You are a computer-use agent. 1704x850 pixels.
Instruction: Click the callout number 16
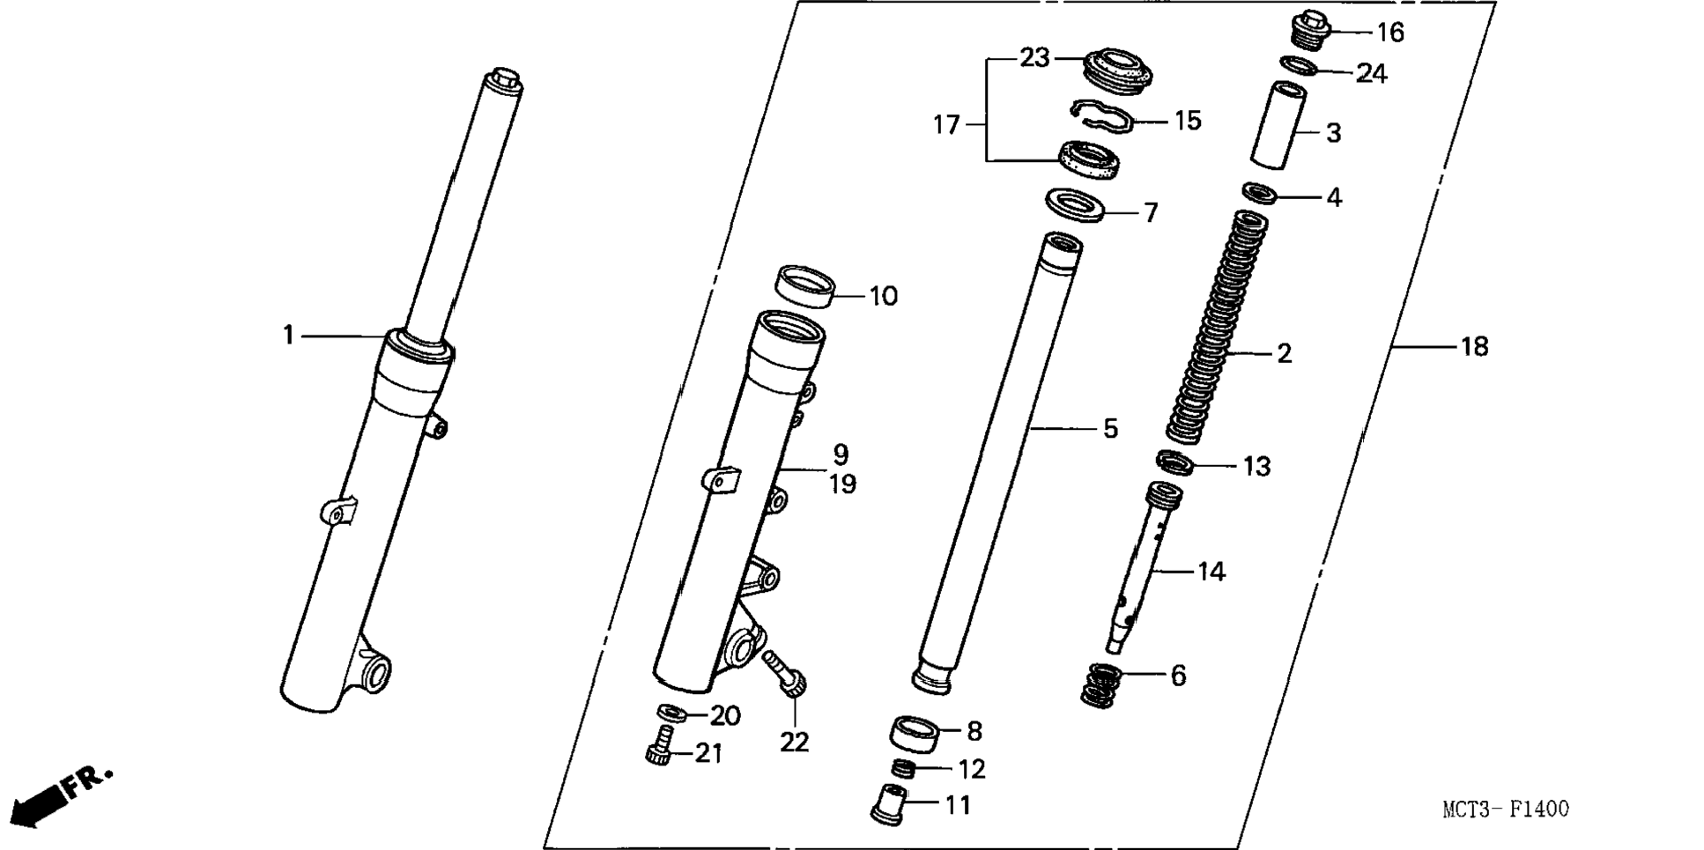coord(1390,33)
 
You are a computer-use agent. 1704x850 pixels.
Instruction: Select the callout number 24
coord(1371,73)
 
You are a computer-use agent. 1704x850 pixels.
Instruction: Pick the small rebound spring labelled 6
coord(1101,685)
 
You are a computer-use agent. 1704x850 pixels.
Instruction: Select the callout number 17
coord(945,125)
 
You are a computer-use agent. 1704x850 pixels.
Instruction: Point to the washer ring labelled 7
coord(1075,205)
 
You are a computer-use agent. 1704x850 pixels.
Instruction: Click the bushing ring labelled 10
coord(804,287)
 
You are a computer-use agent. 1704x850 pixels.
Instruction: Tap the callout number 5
coord(1110,429)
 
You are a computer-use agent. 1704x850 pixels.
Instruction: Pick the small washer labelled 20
coord(673,711)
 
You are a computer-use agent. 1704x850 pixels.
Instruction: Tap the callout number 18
coord(1474,347)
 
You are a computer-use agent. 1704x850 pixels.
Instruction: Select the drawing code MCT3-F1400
coord(1505,809)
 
